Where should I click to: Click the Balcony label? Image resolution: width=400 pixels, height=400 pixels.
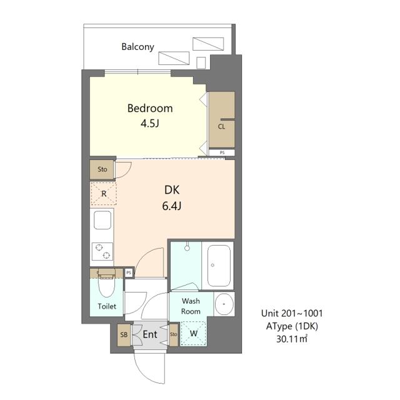[x=137, y=47]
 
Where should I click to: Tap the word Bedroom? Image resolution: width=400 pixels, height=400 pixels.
[x=150, y=108]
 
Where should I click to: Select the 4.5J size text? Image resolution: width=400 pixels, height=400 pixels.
[x=150, y=124]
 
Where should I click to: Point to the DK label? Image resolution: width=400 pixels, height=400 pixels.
[x=172, y=190]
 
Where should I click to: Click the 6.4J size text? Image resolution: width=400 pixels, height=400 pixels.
[x=172, y=206]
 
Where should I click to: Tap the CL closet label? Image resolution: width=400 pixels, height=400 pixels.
[x=221, y=126]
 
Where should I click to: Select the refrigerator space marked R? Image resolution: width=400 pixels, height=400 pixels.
[x=104, y=193]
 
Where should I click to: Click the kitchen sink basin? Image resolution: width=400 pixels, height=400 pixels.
[x=102, y=220]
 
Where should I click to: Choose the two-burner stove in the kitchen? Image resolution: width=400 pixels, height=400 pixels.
[x=102, y=251]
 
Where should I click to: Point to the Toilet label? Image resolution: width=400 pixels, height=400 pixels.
[x=107, y=306]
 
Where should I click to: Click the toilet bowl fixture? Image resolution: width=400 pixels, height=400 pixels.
[x=106, y=286]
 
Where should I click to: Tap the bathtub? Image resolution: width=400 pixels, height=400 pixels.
[x=219, y=266]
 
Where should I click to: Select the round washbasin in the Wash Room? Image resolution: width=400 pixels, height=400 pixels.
[x=224, y=304]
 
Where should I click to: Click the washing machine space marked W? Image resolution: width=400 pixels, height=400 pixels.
[x=193, y=333]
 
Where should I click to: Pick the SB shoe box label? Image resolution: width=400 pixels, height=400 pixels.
[x=124, y=334]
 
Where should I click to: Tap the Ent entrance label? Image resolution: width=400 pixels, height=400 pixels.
[x=150, y=334]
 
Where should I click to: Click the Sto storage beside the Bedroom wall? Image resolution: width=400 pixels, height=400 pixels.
[x=102, y=169]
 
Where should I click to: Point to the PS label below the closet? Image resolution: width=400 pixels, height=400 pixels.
[x=222, y=152]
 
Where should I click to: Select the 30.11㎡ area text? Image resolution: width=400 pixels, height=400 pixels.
[x=292, y=339]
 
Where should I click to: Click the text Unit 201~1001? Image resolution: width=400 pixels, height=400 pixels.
[x=292, y=313]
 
